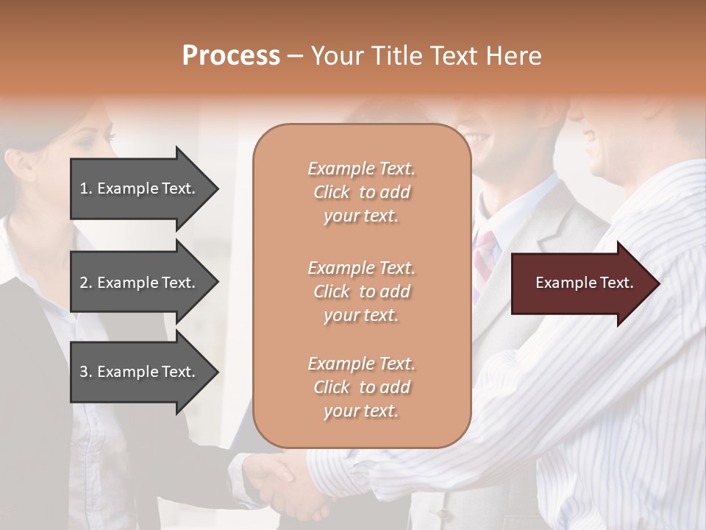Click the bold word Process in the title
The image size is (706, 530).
coord(231,56)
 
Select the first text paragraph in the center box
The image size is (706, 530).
coord(361,192)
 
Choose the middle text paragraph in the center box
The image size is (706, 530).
coord(361,291)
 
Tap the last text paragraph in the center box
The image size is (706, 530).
coord(361,387)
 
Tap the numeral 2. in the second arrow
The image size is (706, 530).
coord(86,283)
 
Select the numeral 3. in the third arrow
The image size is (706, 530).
coord(86,372)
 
